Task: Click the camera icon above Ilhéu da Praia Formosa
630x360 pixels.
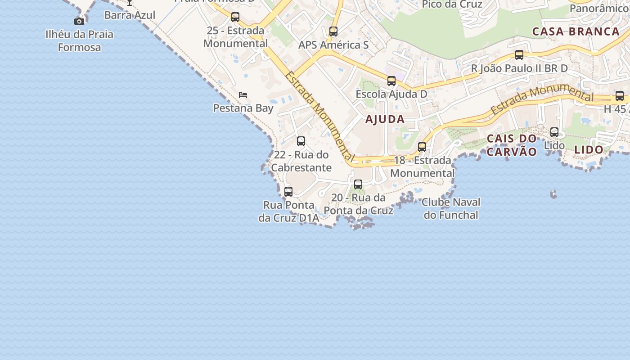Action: [x=79, y=21]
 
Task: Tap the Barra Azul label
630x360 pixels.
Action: [x=130, y=15]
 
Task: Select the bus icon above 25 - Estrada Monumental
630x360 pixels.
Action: [x=235, y=17]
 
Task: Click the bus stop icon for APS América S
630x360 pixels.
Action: [x=333, y=31]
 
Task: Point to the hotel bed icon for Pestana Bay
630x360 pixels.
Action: [x=243, y=95]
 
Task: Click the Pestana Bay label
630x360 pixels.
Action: [x=243, y=108]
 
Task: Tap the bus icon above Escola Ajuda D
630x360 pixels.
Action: [x=391, y=81]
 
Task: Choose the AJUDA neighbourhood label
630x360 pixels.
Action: [x=385, y=119]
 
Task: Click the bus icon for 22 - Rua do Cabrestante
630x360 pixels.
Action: [x=301, y=141]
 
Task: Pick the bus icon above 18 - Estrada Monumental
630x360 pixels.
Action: [x=422, y=147]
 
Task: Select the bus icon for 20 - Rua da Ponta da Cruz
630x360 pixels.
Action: [x=358, y=184]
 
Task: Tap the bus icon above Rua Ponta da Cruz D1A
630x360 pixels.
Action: [x=288, y=192]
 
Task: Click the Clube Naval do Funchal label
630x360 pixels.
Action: [x=451, y=208]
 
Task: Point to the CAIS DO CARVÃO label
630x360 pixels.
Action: [x=512, y=145]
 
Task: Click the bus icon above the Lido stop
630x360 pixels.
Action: [x=554, y=132]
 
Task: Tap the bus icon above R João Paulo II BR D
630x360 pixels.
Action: [x=519, y=55]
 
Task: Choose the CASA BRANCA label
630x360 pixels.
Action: [x=576, y=31]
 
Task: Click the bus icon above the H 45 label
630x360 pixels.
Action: [x=620, y=96]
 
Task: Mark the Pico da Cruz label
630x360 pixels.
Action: [x=452, y=4]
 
